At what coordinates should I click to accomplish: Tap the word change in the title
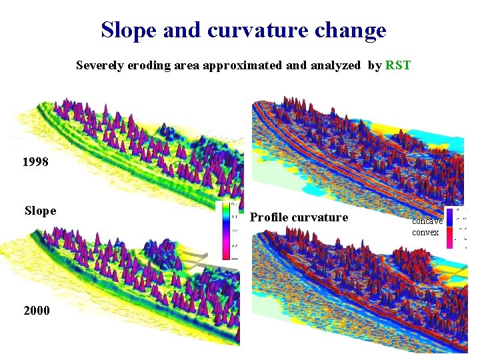coord(353,30)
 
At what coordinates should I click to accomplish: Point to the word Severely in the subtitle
coord(99,65)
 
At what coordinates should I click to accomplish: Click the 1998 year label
coord(35,162)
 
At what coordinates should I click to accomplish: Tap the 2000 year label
coord(35,310)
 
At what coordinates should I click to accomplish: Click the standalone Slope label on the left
coord(40,211)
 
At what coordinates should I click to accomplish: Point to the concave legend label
coord(427,221)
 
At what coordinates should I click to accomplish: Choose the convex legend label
coord(425,232)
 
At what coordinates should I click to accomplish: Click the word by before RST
coord(374,65)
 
